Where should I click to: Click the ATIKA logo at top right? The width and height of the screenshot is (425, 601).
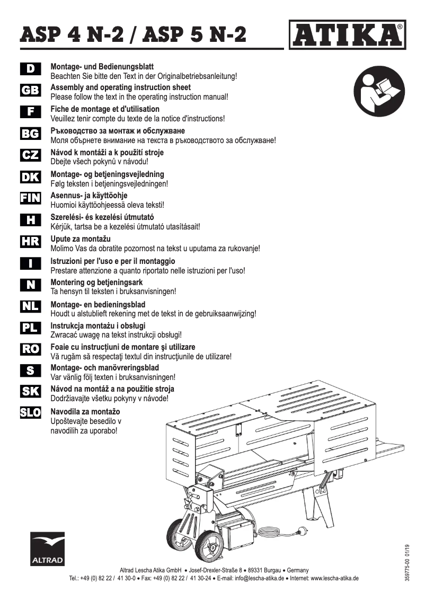tap(348, 34)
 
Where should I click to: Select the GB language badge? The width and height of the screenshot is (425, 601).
tap(30, 91)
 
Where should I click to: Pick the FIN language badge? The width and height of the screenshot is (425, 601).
tap(30, 198)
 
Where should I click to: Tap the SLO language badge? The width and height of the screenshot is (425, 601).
tap(30, 412)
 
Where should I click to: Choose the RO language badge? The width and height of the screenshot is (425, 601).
tap(30, 348)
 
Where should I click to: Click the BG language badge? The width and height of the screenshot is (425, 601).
tap(30, 134)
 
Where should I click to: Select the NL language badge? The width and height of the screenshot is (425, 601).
tap(30, 306)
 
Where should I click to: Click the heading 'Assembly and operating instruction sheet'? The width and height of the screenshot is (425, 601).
tap(120, 87)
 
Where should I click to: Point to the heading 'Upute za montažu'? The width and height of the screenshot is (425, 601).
tap(80, 239)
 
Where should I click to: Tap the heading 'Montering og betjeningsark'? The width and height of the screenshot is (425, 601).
tap(96, 282)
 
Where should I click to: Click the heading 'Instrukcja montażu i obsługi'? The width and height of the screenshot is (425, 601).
tap(98, 325)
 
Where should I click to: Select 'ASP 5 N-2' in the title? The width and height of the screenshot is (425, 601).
tap(195, 35)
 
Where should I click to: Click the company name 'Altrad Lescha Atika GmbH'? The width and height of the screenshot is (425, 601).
tap(151, 570)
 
